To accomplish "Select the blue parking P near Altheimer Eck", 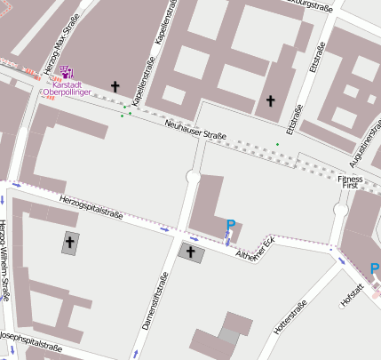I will point(231,227).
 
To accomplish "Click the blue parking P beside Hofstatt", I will point(375,269).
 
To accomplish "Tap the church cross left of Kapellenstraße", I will point(115,86).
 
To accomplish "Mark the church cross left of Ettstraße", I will point(271,100).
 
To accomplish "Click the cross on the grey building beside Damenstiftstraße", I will point(190,253).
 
